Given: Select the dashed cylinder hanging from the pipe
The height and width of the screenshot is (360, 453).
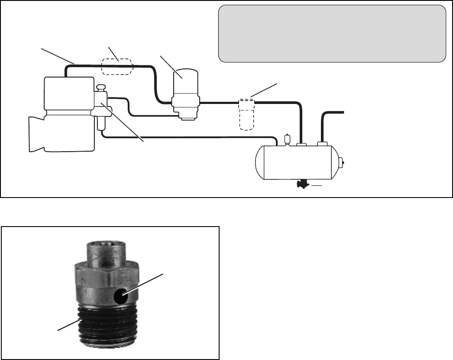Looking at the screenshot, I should coord(247,115).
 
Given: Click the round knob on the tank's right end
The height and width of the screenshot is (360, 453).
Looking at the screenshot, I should coord(343,163).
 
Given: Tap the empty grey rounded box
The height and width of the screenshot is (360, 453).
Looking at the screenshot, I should coord(332,34).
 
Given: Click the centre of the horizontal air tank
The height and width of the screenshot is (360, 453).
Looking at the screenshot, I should coord(299,162).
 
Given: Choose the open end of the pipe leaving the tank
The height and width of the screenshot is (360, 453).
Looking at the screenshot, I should coord(343,113).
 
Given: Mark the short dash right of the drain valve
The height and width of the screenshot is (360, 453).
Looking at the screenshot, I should coord(317,185).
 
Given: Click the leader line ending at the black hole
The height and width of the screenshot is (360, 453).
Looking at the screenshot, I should coord(143,285).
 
